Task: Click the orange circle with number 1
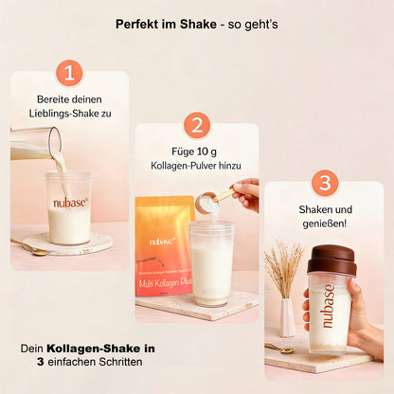(69, 74)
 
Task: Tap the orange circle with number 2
(196, 125)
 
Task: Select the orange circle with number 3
(324, 183)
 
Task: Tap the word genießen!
(324, 225)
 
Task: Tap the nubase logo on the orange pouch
(162, 242)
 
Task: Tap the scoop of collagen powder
(207, 200)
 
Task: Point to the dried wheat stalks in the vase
(283, 268)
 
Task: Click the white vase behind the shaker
(287, 317)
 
